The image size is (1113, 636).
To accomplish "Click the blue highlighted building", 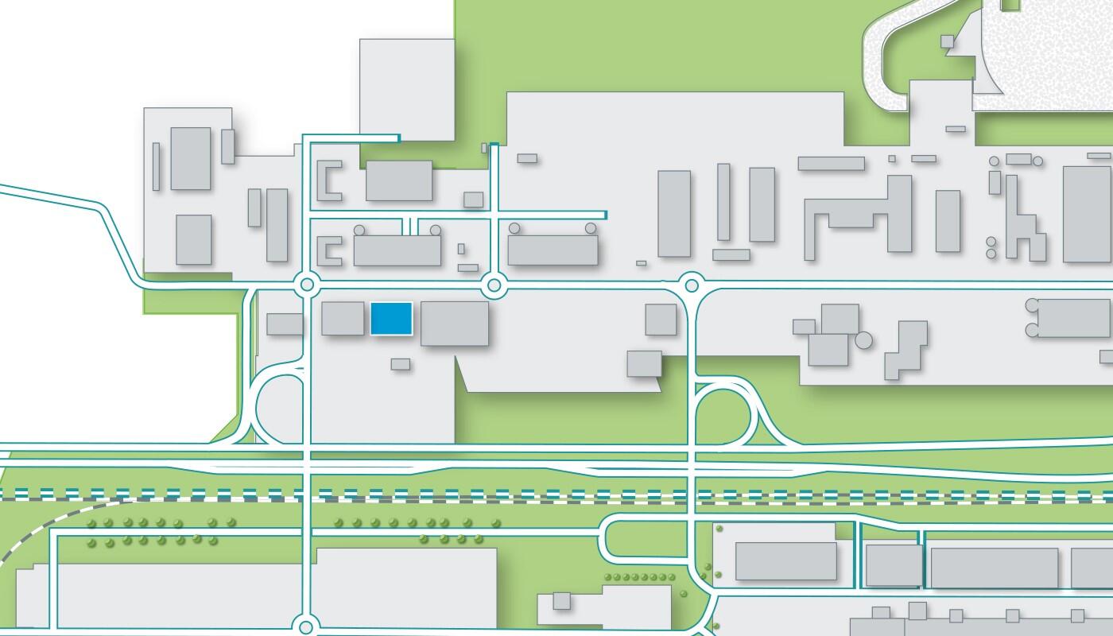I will point(391,319).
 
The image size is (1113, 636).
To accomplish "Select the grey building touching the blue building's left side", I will point(343,318).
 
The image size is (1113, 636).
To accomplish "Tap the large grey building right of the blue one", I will point(454,323).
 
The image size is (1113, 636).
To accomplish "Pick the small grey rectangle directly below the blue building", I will point(401,364).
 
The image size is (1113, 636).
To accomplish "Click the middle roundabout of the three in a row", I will point(494,284).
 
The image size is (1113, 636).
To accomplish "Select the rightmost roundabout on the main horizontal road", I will point(692,284).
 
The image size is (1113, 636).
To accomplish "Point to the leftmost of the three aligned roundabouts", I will point(306,284).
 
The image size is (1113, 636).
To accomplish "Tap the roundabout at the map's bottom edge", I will point(306,626).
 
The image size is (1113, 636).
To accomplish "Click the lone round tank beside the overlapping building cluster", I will point(863,341).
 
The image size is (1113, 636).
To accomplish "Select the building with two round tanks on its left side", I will point(1072,318).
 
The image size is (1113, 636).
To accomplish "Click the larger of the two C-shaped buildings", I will point(329,180).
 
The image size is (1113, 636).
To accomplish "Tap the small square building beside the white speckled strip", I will point(947,41).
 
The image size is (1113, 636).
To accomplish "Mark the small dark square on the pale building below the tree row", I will point(562,600).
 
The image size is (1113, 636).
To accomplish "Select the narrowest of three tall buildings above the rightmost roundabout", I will point(723,202).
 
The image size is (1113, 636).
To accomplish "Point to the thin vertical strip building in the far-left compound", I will point(156,166).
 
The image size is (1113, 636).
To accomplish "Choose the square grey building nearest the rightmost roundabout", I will point(660,319).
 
